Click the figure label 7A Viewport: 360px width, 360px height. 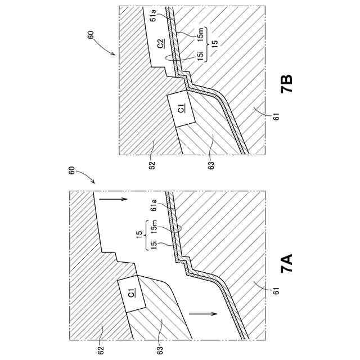pos(287,263)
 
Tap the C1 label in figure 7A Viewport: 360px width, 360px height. pos(131,292)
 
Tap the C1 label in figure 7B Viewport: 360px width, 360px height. pos(181,109)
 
